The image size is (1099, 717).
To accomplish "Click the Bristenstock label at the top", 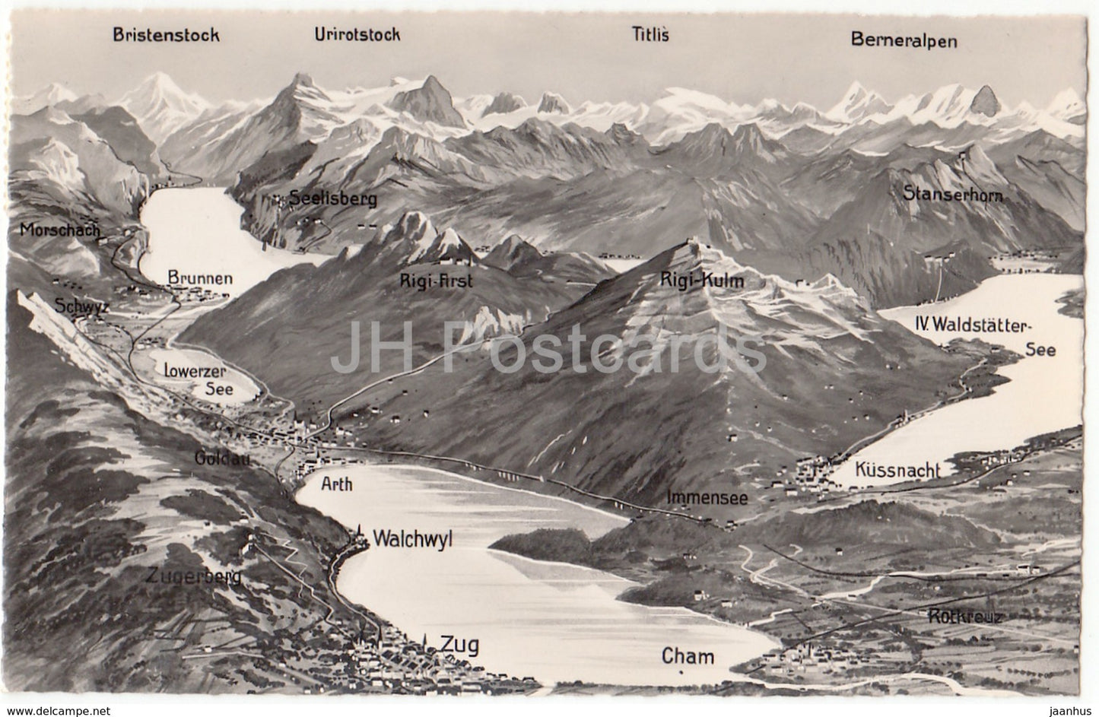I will click(x=166, y=34).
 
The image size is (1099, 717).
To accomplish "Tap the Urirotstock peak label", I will click(x=357, y=34).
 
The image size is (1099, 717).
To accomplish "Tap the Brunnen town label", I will click(x=200, y=278).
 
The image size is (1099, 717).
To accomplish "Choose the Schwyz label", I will click(x=72, y=307).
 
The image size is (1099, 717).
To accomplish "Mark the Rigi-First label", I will click(x=437, y=281).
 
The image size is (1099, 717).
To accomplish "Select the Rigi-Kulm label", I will click(x=701, y=281).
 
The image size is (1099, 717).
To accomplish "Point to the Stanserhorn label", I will click(x=954, y=195).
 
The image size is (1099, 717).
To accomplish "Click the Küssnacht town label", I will click(x=897, y=471).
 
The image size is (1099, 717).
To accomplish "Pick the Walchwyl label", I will click(x=413, y=539).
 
